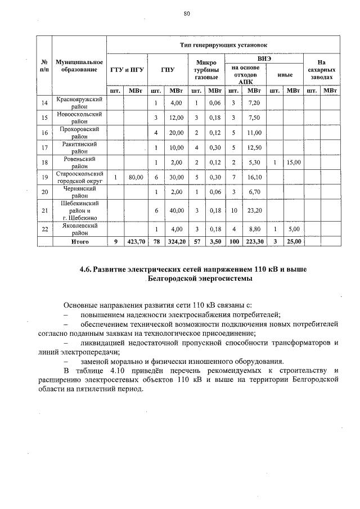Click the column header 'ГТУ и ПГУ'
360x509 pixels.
coord(127,70)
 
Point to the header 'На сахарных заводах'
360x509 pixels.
coord(321,70)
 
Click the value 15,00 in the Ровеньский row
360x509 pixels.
coord(293,163)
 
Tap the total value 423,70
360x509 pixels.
coord(136,241)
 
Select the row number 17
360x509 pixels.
coord(44,147)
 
